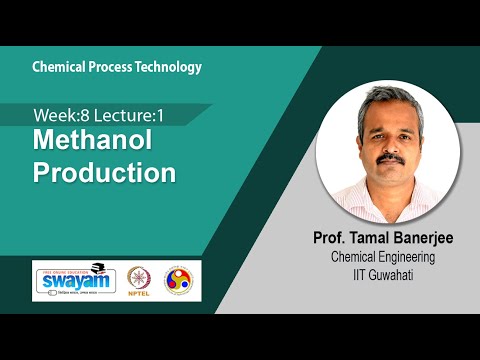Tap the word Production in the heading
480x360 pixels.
tap(105, 172)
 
